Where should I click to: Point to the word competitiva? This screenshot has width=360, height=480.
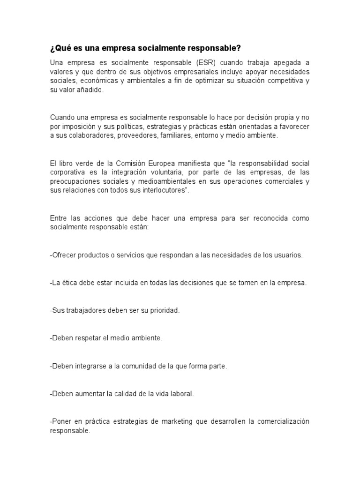click(x=281, y=81)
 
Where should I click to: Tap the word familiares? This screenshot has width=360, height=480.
click(x=178, y=136)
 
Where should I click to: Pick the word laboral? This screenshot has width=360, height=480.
click(x=182, y=394)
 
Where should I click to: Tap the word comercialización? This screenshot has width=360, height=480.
click(x=279, y=421)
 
